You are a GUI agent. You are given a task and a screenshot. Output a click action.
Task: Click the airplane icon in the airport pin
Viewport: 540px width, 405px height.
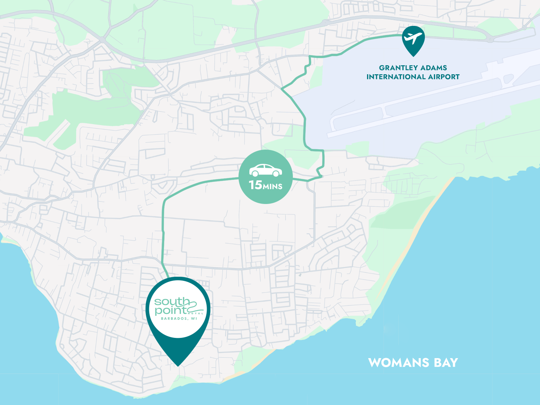413,37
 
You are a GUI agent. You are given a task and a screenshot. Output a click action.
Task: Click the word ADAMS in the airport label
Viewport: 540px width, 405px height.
434,68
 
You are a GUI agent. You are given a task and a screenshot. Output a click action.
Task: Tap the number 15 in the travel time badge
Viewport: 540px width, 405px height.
255,185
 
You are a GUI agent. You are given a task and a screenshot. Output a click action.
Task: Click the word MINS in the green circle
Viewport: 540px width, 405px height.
273,186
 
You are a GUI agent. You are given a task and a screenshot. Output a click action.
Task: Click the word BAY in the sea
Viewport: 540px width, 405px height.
446,363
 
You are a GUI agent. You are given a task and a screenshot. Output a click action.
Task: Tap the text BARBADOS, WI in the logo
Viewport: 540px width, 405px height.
179,319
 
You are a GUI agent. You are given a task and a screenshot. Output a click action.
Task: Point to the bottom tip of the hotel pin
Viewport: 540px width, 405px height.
178,366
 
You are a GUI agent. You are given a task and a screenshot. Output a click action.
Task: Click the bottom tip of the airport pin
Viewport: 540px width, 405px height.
413,56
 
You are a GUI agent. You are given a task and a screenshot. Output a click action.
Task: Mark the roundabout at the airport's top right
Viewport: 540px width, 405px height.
490,39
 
